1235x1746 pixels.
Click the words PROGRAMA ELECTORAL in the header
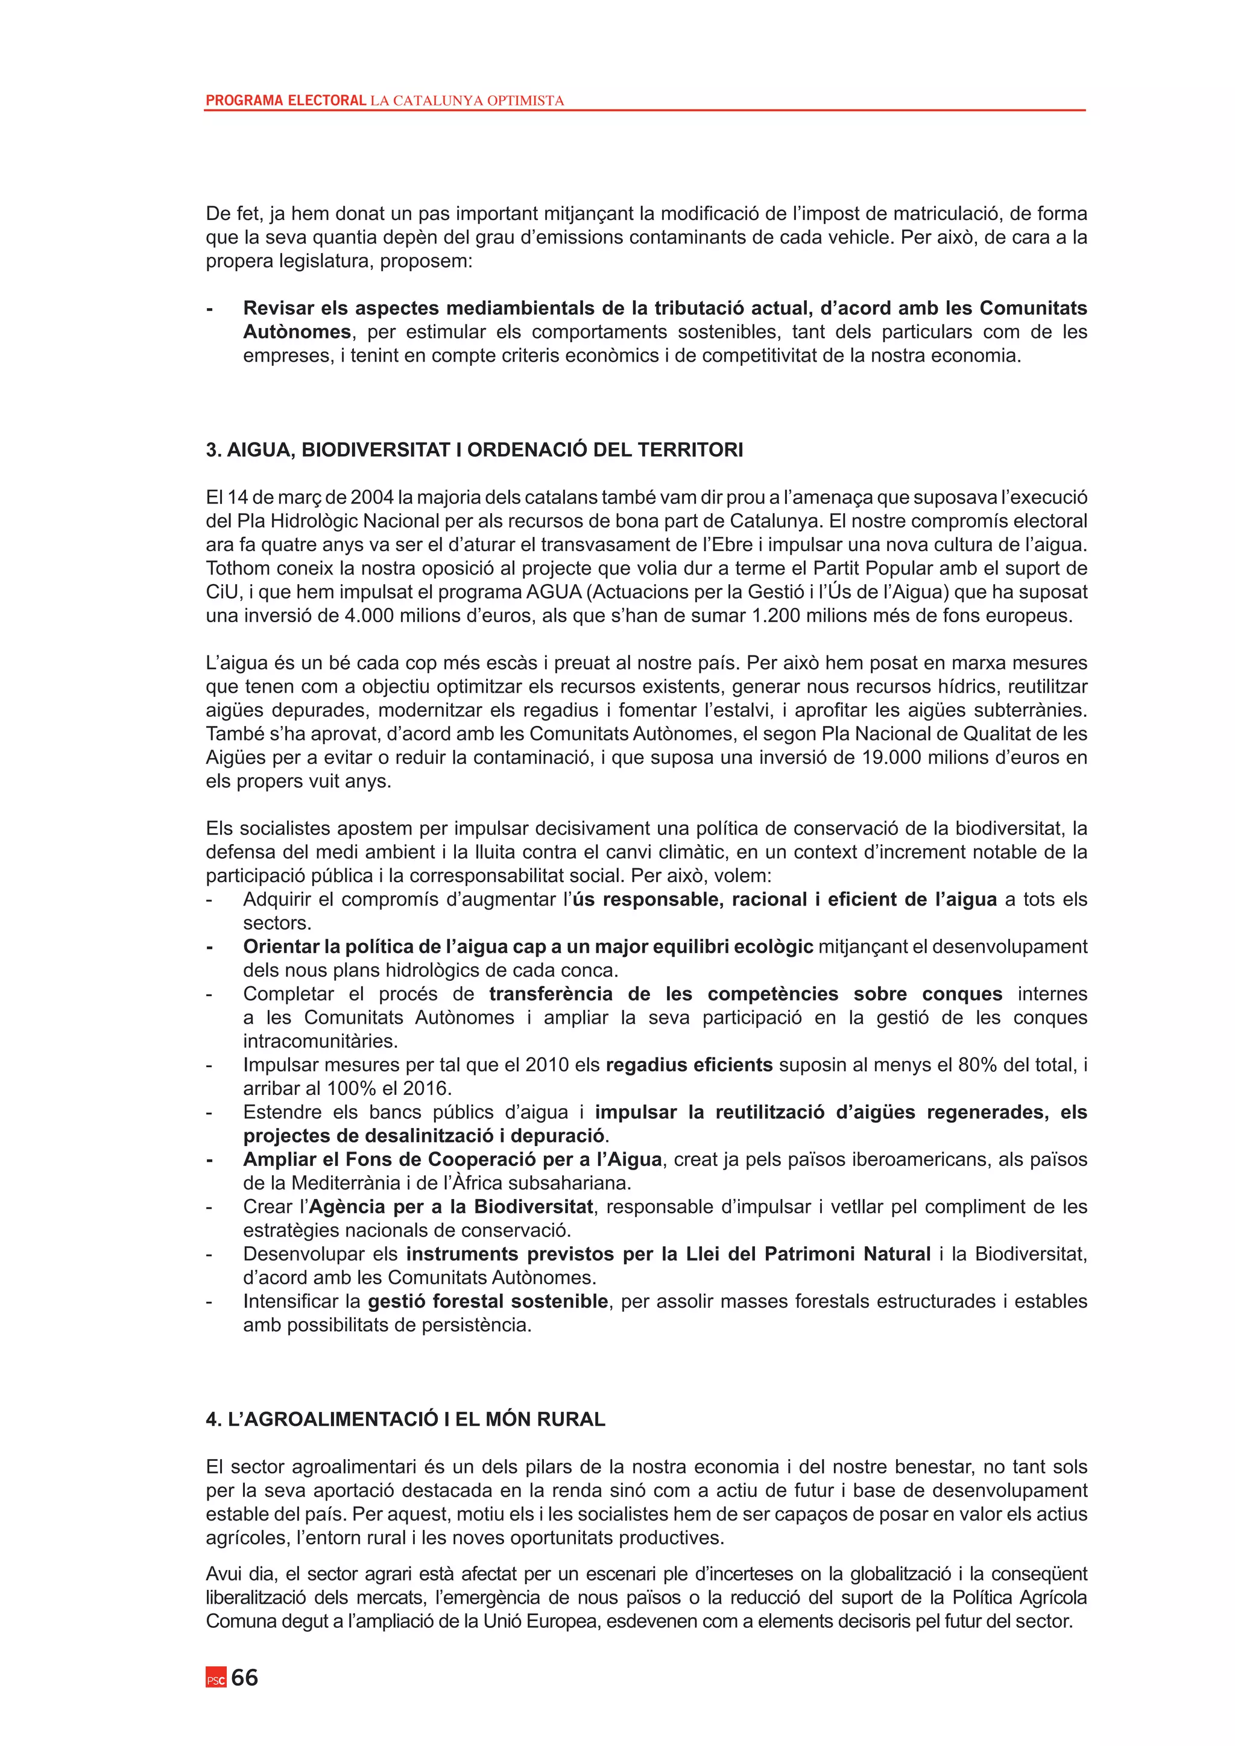[286, 100]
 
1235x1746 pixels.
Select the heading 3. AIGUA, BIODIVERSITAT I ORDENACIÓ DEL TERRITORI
[474, 450]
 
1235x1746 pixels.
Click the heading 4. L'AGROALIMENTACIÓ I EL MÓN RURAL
[405, 1420]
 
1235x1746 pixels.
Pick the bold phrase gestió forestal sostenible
[487, 1301]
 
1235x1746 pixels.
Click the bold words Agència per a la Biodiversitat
[451, 1207]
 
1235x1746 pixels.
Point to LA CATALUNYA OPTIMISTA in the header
[467, 100]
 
